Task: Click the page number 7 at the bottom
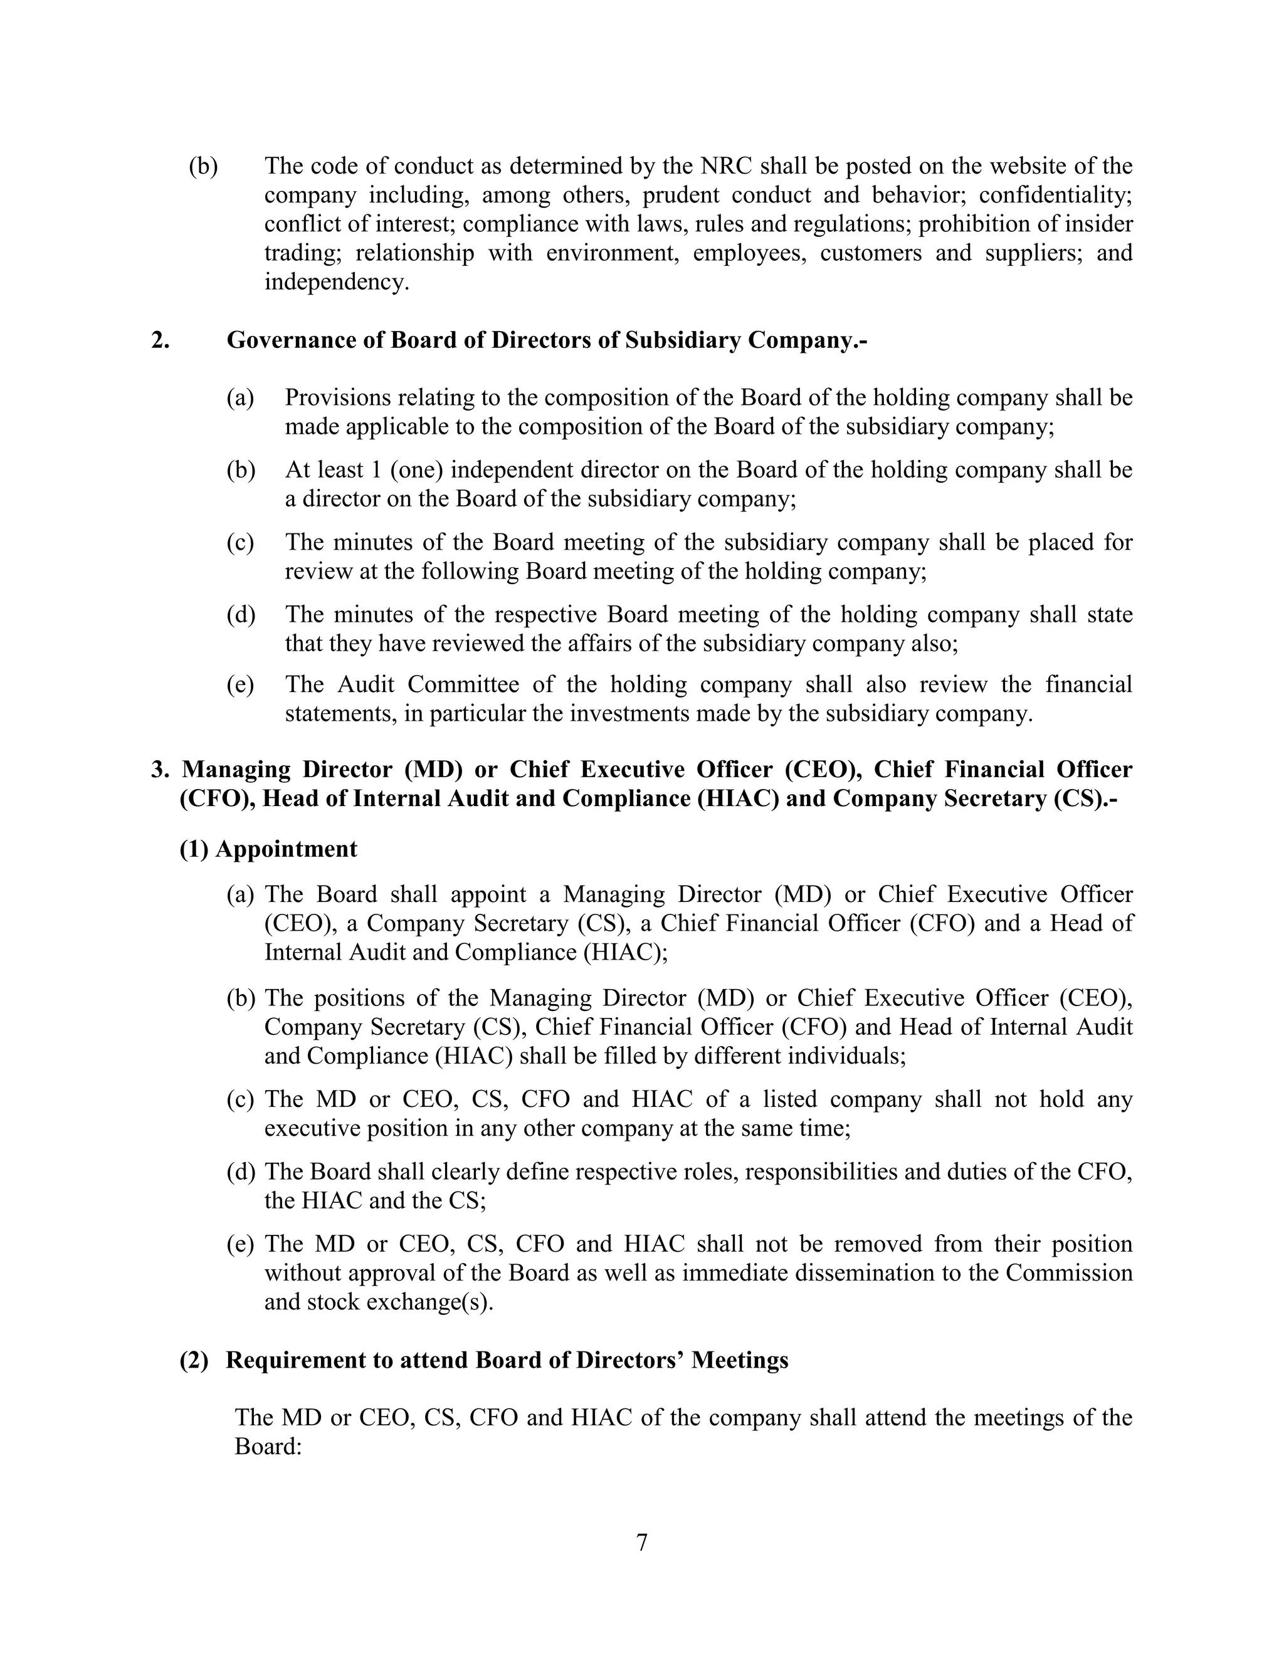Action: pyautogui.click(x=641, y=1543)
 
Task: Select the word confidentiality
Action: pyautogui.click(x=1055, y=195)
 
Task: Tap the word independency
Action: pyautogui.click(x=336, y=282)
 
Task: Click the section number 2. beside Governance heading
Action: pyautogui.click(x=160, y=340)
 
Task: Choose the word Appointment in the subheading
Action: pyautogui.click(x=286, y=849)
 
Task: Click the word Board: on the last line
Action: pyautogui.click(x=268, y=1447)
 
